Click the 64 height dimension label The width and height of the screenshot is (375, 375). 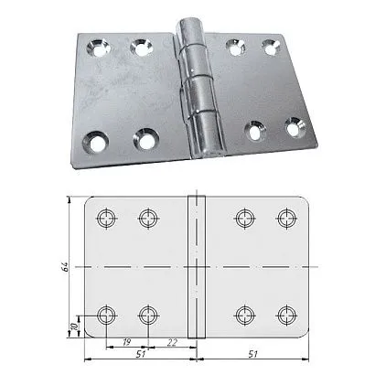coord(65,267)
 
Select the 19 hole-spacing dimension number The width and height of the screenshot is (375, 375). coord(125,342)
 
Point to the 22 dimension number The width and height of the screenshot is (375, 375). coord(172,342)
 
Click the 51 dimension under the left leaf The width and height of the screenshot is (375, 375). coord(140,354)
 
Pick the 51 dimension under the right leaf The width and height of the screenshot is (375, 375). coord(252,354)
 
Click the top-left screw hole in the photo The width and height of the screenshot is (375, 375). coord(98,48)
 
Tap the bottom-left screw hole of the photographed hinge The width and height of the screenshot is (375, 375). coord(95,142)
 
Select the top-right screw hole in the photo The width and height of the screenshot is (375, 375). coord(272,48)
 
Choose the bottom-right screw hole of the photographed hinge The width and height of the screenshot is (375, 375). coord(295,127)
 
